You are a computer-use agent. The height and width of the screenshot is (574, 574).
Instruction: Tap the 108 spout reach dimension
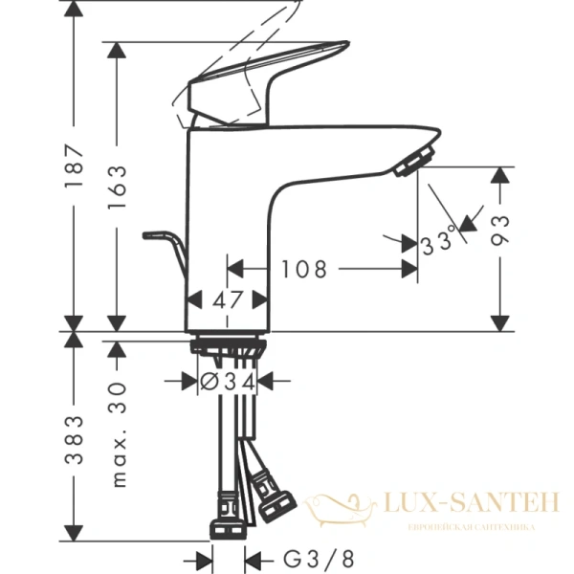(304, 270)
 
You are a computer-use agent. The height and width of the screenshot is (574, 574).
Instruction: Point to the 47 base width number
(228, 299)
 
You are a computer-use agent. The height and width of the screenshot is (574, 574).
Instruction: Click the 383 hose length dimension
(75, 440)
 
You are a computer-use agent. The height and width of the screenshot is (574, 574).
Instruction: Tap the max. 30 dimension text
(118, 430)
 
